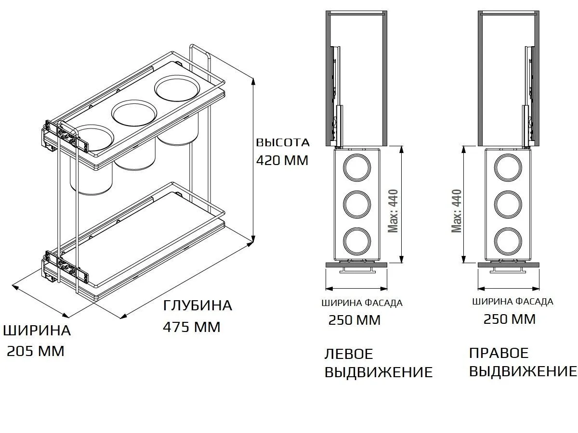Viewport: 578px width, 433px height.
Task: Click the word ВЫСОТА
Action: click(282, 143)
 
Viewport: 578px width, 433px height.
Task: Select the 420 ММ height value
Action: click(282, 160)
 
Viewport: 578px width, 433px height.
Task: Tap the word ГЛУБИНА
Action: click(197, 306)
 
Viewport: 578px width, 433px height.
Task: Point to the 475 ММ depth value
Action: click(192, 327)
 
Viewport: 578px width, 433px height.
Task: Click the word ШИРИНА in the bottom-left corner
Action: click(37, 331)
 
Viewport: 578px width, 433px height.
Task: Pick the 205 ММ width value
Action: click(36, 352)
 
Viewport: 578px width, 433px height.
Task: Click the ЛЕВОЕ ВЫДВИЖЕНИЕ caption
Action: click(379, 363)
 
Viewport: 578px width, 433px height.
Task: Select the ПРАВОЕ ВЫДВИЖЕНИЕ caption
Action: click(523, 362)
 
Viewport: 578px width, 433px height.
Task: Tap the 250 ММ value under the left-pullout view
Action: click(355, 320)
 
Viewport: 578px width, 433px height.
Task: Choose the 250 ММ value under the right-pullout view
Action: click(510, 319)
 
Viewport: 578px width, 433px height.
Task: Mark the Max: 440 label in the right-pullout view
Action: click(457, 210)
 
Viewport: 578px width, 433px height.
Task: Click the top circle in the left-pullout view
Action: click(357, 167)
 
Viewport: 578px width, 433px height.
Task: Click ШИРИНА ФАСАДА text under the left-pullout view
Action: click(361, 303)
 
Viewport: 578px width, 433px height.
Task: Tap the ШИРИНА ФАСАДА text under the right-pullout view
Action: click(512, 302)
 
